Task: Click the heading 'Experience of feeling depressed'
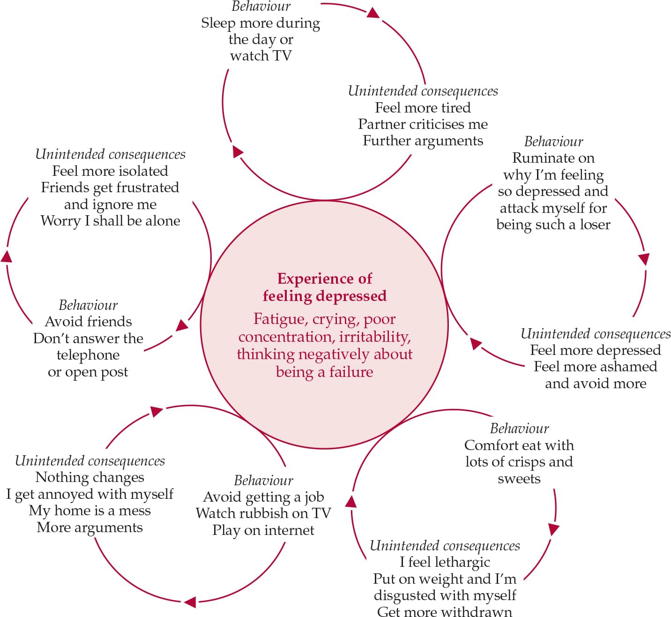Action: point(324,287)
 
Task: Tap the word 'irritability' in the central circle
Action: point(374,337)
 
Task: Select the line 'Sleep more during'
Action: point(261,23)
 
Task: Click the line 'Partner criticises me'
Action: point(423,124)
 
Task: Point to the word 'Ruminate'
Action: point(553,158)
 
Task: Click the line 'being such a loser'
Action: point(553,225)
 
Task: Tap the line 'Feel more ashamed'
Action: point(595,367)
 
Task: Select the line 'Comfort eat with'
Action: point(519,445)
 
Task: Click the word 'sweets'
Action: point(519,479)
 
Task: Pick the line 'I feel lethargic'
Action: point(444,562)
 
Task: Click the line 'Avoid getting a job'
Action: point(263,497)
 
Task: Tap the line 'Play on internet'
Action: point(263,530)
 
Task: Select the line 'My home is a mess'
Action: point(89,511)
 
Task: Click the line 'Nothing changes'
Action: point(89,477)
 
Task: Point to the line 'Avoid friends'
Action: point(88,322)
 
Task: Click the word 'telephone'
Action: point(88,355)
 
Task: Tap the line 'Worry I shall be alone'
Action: point(110,221)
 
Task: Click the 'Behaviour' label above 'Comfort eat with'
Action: point(519,429)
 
